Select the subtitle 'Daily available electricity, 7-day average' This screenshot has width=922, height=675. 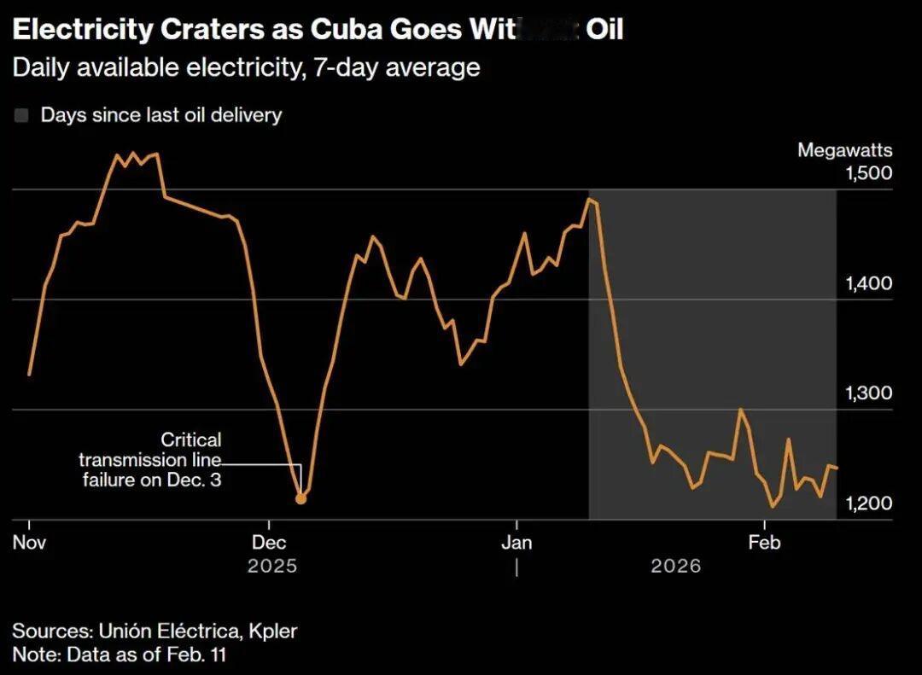point(246,67)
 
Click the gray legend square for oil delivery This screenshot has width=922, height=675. point(21,115)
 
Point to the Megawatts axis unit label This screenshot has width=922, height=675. point(844,151)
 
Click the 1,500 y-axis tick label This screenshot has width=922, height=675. point(868,173)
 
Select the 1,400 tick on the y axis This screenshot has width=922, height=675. point(868,283)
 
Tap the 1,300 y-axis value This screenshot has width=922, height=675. point(868,393)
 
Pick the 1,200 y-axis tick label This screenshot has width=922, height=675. point(868,503)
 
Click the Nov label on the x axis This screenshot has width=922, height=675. point(29,543)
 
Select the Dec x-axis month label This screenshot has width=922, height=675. point(269,543)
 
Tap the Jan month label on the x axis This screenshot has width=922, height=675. point(516,543)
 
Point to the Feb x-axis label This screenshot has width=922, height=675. point(764,543)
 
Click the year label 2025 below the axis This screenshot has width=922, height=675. point(272,566)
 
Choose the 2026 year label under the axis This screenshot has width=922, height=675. point(675,566)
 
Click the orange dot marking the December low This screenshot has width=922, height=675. point(301,498)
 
